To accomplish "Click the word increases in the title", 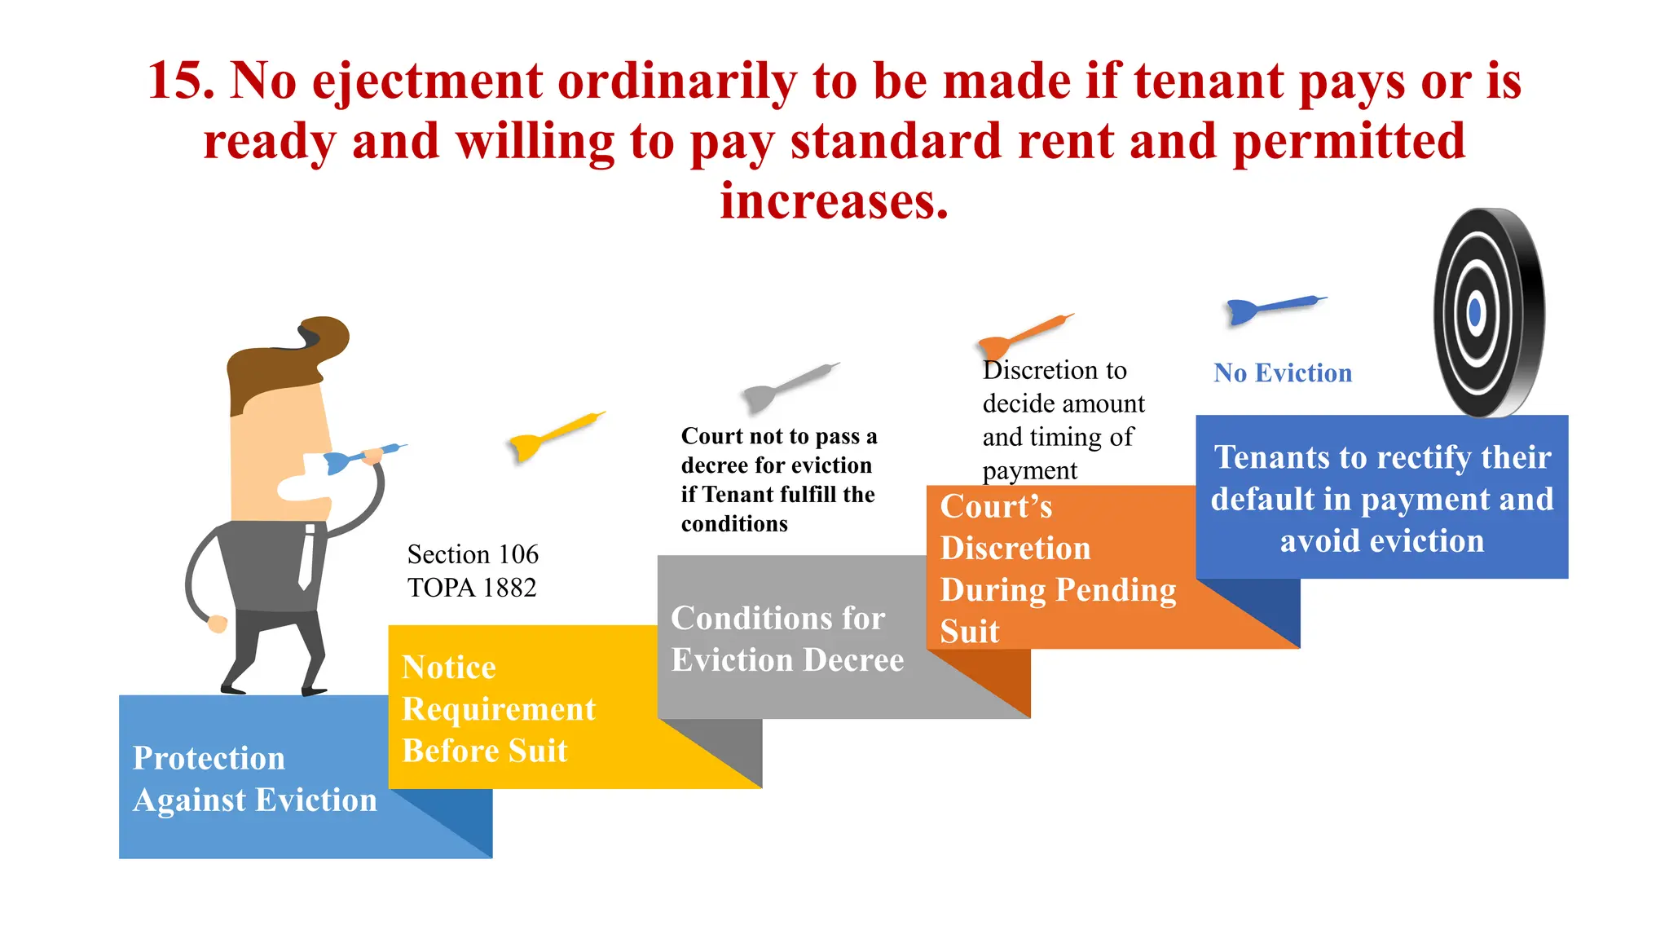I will [834, 201].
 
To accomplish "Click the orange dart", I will [1023, 334].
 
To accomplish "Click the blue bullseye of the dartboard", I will [1474, 313].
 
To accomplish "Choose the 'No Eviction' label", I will [1282, 373].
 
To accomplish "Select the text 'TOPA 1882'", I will [472, 588].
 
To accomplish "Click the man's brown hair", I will [285, 359].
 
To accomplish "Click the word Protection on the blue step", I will [209, 759].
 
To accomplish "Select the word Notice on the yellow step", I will [449, 668].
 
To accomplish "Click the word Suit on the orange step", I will [970, 632].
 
